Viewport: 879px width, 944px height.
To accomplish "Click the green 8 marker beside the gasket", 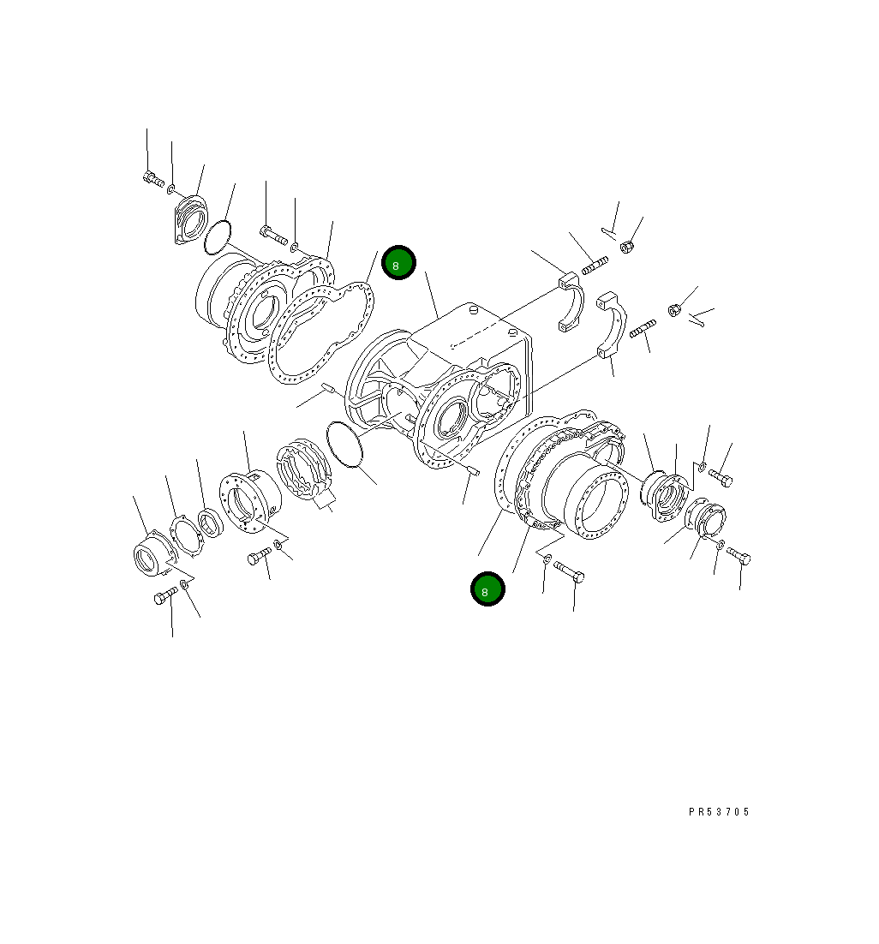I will [398, 263].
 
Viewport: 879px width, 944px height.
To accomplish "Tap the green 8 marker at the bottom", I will [487, 589].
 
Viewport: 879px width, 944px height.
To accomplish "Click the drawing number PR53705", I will [718, 811].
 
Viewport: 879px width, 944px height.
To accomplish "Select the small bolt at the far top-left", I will [152, 178].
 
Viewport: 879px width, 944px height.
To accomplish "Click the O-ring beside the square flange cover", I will [218, 237].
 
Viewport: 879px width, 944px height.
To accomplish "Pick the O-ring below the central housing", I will [347, 445].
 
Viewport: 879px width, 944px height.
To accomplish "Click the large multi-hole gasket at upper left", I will [321, 330].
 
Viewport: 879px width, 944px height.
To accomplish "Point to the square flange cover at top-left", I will [189, 221].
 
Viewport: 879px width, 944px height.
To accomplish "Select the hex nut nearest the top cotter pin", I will [626, 247].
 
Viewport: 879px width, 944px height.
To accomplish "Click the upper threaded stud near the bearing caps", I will [594, 266].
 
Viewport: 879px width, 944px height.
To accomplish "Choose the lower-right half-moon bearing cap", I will [615, 329].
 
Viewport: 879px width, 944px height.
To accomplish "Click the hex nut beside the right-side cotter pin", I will [674, 309].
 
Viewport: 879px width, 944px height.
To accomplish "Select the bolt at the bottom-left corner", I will [165, 597].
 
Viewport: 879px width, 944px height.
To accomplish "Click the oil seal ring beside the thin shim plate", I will [208, 522].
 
